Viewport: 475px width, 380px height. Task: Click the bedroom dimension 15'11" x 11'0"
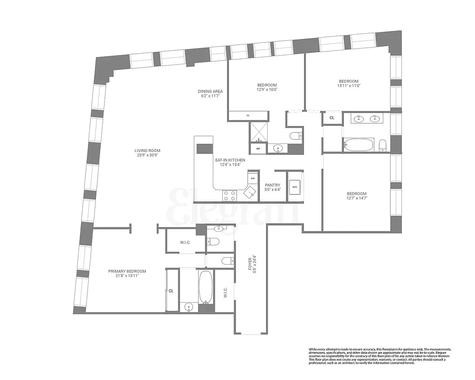[x=349, y=85]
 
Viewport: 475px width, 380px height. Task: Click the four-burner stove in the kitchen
[x=230, y=194]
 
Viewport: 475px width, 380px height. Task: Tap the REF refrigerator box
[x=258, y=149]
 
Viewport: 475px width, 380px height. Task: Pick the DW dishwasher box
[x=253, y=178]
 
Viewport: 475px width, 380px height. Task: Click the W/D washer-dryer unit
[x=294, y=186]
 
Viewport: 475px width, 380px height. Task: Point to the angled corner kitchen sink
[x=249, y=192]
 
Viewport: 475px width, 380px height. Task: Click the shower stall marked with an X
[x=260, y=132]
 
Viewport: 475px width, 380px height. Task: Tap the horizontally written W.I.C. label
[x=185, y=243]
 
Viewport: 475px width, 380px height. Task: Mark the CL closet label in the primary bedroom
[x=171, y=291]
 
